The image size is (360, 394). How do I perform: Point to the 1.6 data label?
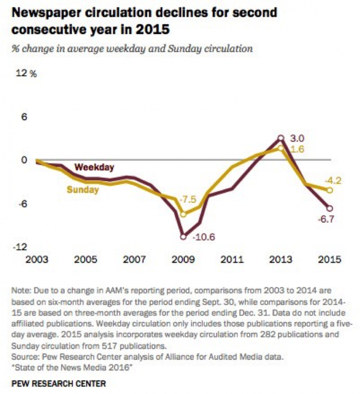pyautogui.click(x=295, y=149)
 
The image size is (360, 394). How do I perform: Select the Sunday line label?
pyautogui.click(x=83, y=189)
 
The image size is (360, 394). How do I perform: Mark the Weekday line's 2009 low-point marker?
pyautogui.click(x=183, y=237)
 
